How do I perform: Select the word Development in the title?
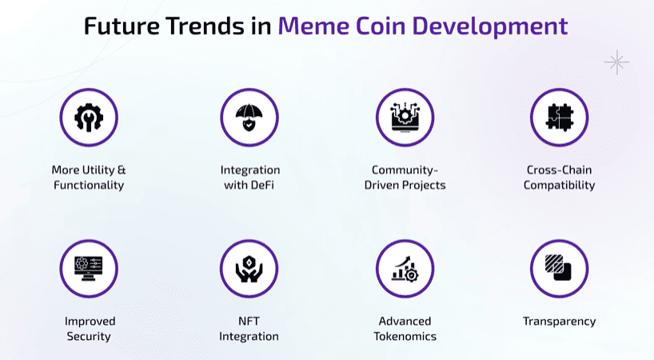coord(486,26)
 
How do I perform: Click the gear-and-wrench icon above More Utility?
coord(89,118)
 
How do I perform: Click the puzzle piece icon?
coord(559,118)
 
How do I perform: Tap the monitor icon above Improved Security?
coord(89,268)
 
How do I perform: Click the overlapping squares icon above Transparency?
coord(559,268)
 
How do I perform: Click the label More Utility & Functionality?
coord(89,178)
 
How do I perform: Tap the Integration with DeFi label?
coord(249,178)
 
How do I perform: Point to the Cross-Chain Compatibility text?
coord(560,178)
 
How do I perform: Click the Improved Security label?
coord(89,328)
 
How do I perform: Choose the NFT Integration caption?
coord(249,328)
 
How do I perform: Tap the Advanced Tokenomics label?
coord(405,328)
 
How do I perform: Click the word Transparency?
coord(559,321)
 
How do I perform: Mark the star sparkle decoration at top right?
coord(616,62)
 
